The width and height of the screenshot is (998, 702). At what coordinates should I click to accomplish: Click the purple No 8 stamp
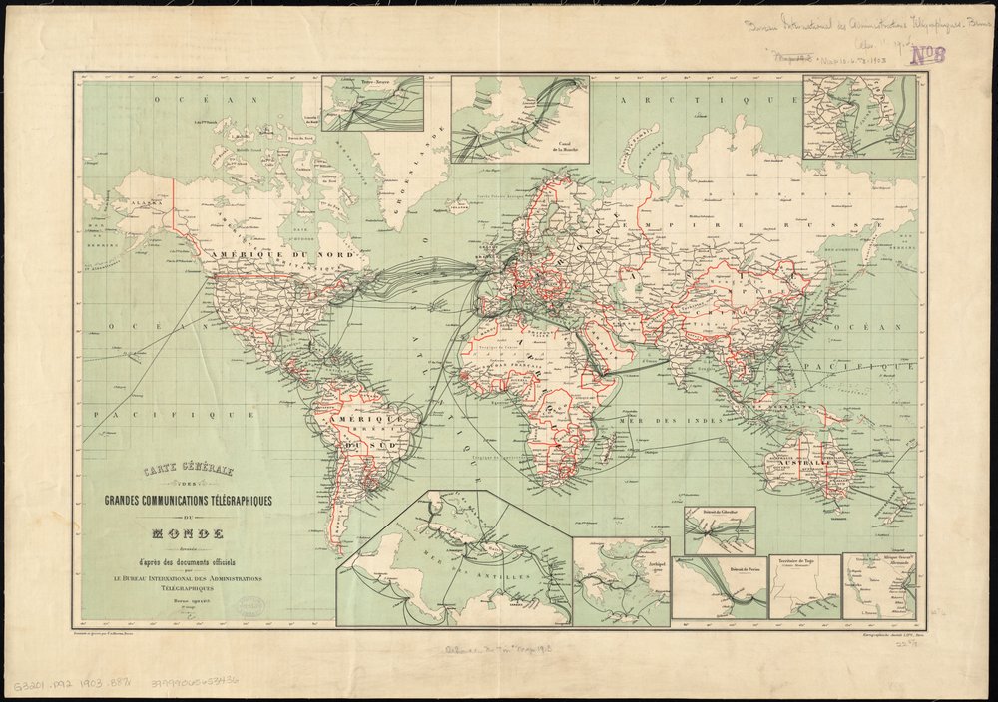click(x=926, y=56)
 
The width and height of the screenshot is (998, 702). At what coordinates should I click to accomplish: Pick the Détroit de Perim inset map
click(x=719, y=588)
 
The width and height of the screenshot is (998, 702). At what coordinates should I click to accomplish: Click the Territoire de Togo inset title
click(x=804, y=562)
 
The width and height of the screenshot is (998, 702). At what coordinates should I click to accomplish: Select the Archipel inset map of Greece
click(x=620, y=581)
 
